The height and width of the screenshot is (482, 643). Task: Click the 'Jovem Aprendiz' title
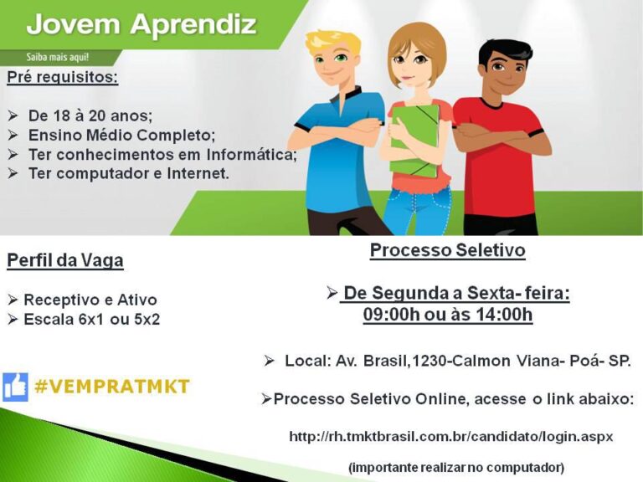tap(141, 24)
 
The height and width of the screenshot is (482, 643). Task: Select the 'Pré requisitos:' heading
tap(63, 79)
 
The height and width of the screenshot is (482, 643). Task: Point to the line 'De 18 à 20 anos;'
tap(90, 115)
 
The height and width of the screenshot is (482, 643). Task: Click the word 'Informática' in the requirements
tap(243, 155)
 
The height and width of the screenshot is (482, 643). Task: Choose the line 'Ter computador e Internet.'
tap(128, 174)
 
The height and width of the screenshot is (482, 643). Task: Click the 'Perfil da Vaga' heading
tap(65, 261)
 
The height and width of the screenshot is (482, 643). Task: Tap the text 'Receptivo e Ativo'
tap(90, 300)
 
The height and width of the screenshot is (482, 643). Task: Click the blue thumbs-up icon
tap(15, 387)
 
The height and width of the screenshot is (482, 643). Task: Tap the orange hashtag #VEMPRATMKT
tap(112, 387)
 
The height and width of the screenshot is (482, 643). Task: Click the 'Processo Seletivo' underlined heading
tap(448, 250)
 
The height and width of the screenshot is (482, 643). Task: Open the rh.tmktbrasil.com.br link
tap(451, 436)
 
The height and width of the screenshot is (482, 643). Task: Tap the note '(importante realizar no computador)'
tap(456, 467)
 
